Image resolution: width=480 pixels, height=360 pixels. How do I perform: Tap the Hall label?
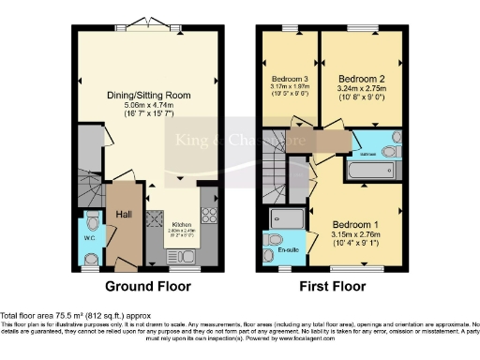coord(123,215)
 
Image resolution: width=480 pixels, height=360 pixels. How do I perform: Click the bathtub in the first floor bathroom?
coord(369,172)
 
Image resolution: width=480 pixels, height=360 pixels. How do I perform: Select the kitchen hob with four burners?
coord(208,216)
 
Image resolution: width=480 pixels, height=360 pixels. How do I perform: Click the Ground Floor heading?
coord(147,286)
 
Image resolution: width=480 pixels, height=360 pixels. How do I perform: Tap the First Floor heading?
coord(332,286)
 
